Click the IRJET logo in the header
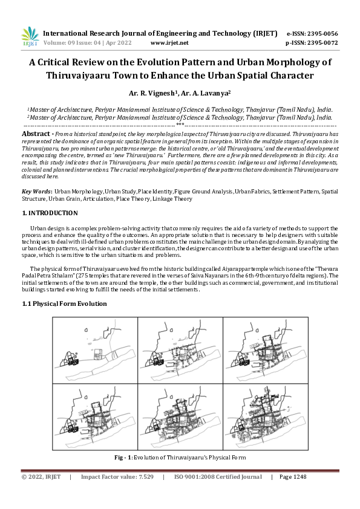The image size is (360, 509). (x=30, y=37)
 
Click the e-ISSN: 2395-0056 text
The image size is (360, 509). (x=312, y=33)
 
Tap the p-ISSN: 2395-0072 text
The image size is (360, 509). (x=312, y=43)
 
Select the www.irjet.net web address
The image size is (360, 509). (x=169, y=43)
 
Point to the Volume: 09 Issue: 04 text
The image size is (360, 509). (x=76, y=43)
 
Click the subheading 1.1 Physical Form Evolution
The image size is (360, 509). (x=64, y=303)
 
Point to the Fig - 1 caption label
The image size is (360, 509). (x=123, y=458)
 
